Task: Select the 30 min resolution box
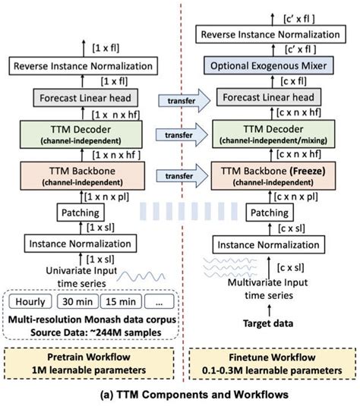pos(74,301)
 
